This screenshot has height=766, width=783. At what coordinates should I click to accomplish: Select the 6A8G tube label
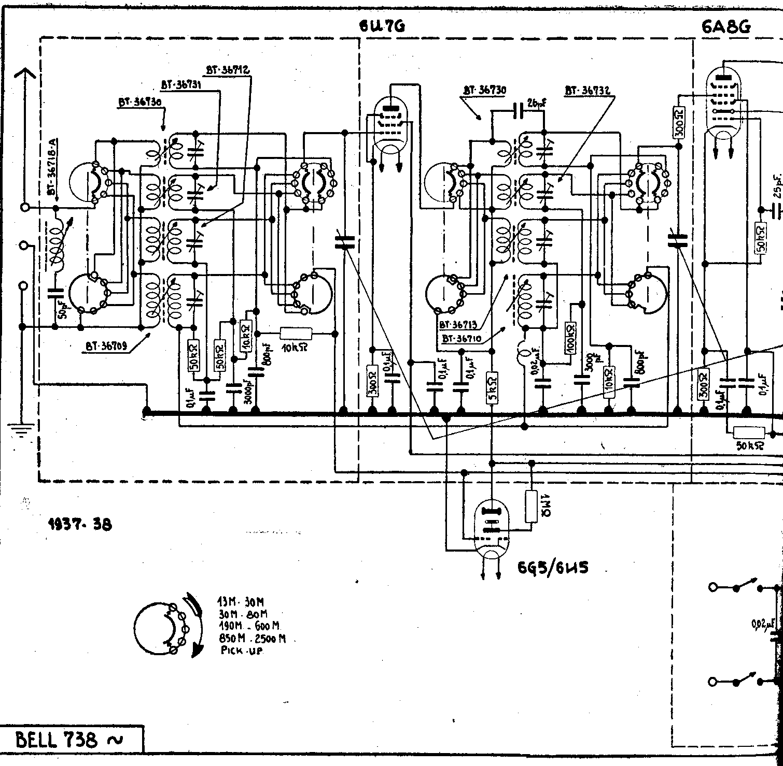(726, 27)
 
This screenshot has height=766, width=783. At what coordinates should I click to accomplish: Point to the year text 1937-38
(79, 524)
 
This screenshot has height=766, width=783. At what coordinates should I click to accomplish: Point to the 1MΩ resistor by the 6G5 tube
(530, 506)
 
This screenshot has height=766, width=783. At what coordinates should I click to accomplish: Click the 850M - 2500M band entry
(252, 639)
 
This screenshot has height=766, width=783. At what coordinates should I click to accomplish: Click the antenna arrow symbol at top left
(24, 78)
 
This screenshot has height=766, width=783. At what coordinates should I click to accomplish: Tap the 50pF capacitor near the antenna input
(55, 294)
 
